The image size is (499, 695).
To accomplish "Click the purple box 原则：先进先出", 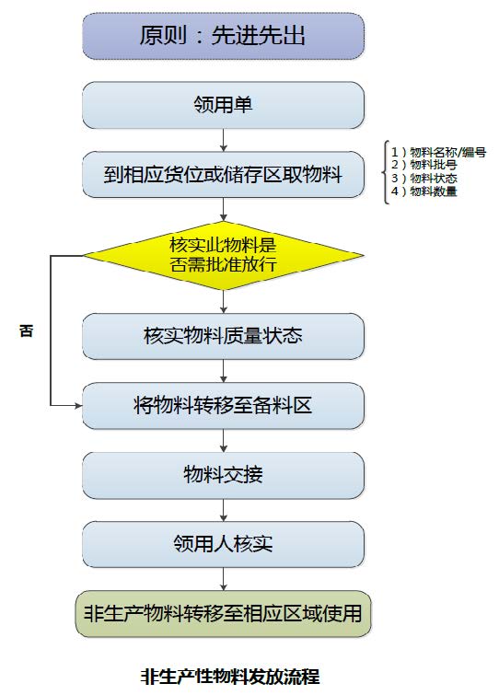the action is pyautogui.click(x=224, y=36).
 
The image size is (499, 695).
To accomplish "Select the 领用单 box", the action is pyautogui.click(x=224, y=105).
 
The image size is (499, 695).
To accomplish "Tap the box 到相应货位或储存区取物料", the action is pyautogui.click(x=224, y=174).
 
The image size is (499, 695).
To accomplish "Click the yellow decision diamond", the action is pyautogui.click(x=224, y=256).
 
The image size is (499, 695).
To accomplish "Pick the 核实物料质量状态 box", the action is pyautogui.click(x=224, y=336).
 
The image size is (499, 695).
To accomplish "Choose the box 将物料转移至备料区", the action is pyautogui.click(x=224, y=406).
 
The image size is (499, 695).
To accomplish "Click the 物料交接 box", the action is pyautogui.click(x=224, y=475).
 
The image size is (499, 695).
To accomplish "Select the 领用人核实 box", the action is pyautogui.click(x=224, y=544).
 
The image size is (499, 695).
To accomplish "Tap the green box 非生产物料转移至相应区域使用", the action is pyautogui.click(x=224, y=614).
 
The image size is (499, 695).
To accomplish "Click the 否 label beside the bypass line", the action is pyautogui.click(x=26, y=330).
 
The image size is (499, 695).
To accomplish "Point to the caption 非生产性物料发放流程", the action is pyautogui.click(x=230, y=677).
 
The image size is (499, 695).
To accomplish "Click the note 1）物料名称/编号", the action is pyautogui.click(x=438, y=152).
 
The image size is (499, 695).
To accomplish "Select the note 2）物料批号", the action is pyautogui.click(x=424, y=165).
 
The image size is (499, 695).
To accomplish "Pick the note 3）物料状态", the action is pyautogui.click(x=424, y=179).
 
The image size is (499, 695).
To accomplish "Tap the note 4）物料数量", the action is pyautogui.click(x=424, y=191).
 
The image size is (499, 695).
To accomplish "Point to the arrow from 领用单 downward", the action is pyautogui.click(x=224, y=140).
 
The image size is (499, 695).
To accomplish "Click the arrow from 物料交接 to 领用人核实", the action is pyautogui.click(x=224, y=510).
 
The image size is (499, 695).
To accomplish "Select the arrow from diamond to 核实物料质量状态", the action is pyautogui.click(x=224, y=302).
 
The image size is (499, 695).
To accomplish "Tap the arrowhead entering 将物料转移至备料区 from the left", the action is pyautogui.click(x=79, y=405).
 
